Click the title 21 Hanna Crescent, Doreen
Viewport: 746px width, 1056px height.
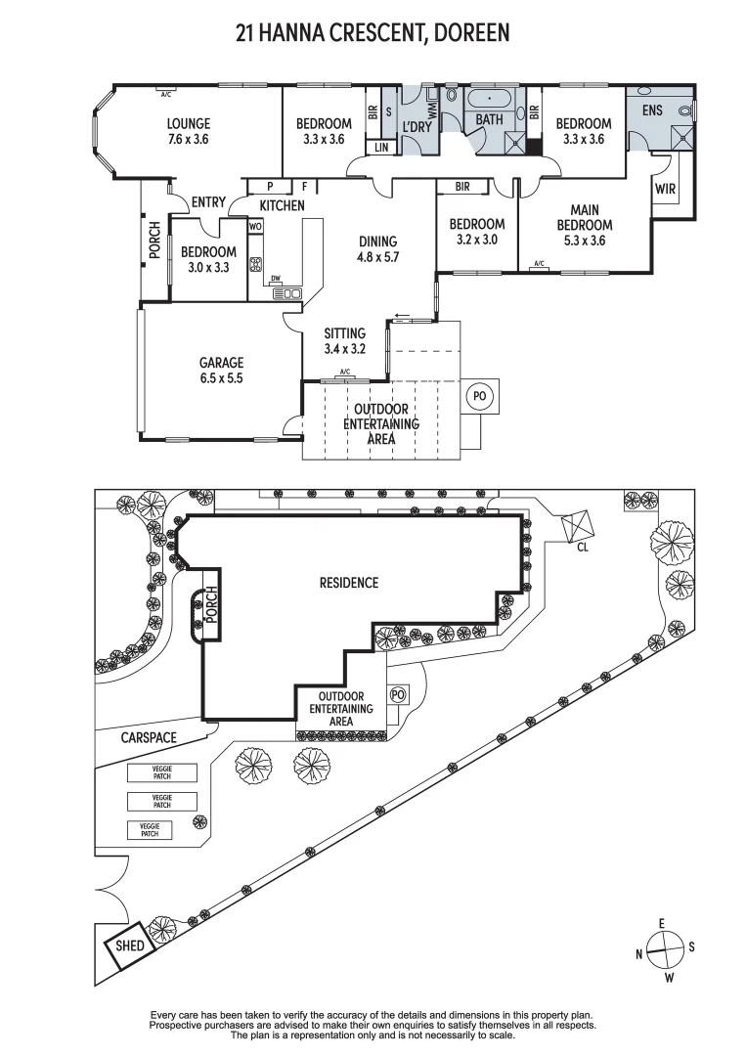[373, 33]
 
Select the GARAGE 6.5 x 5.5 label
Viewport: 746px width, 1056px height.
[221, 370]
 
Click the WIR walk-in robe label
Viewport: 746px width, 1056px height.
[666, 188]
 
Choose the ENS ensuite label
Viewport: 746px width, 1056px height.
[652, 110]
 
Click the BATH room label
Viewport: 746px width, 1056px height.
[489, 119]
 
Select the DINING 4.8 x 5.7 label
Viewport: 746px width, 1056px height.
[377, 249]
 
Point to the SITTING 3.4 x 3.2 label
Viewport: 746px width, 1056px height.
[344, 340]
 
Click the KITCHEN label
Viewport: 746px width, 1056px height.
[282, 205]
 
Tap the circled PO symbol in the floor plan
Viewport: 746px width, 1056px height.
[479, 396]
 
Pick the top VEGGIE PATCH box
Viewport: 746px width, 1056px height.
[161, 772]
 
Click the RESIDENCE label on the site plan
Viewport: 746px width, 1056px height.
[349, 583]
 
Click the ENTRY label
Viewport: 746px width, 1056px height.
[208, 202]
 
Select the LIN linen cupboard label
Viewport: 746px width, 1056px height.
[380, 148]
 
